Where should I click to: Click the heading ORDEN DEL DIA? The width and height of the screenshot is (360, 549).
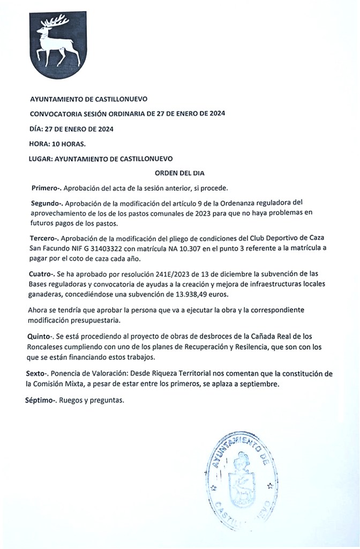179,173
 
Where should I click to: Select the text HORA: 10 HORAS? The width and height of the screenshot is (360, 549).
57,144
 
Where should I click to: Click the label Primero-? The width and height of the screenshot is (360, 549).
47,188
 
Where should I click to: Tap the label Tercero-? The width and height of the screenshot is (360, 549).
46,237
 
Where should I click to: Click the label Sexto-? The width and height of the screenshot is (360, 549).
37,373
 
